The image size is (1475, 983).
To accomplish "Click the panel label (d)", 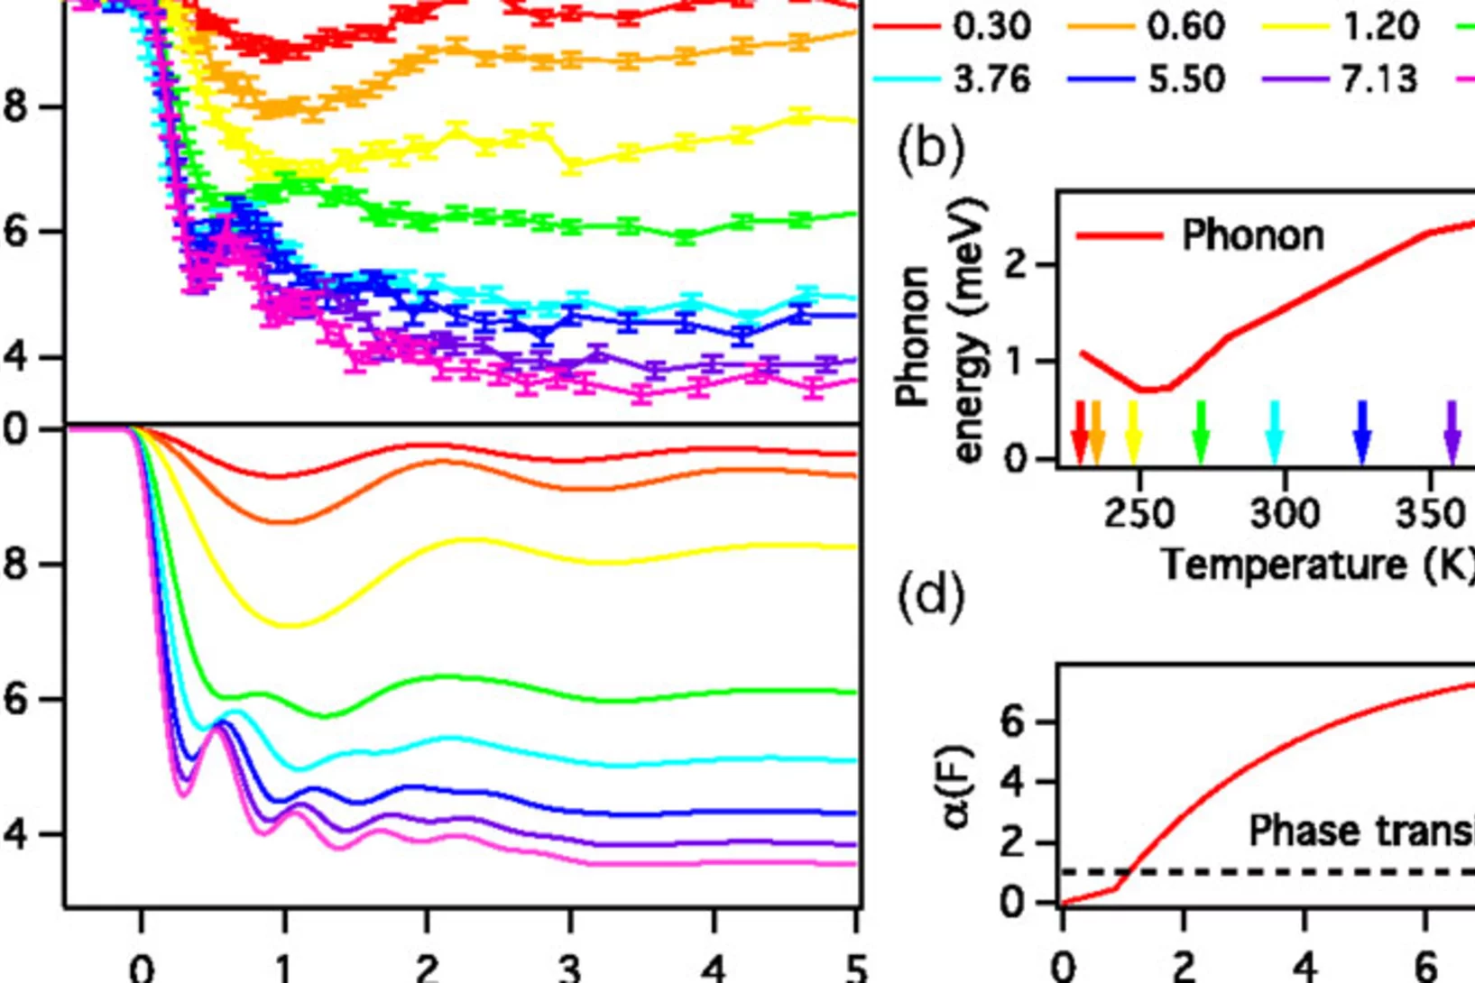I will coord(930,596).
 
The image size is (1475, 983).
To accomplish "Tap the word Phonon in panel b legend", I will coord(1252,235).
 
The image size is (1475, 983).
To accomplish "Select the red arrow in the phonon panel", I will coord(1080,434).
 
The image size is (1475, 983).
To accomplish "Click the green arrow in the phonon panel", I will coord(1200,434).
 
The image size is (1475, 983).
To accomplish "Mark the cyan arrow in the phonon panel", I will coord(1274,434).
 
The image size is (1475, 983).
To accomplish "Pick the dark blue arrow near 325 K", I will coord(1362,434).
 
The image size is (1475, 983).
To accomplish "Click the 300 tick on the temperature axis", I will coord(1285,514).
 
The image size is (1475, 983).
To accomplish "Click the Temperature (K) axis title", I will coord(1317,565).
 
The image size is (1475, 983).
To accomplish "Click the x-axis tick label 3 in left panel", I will coord(569,968).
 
